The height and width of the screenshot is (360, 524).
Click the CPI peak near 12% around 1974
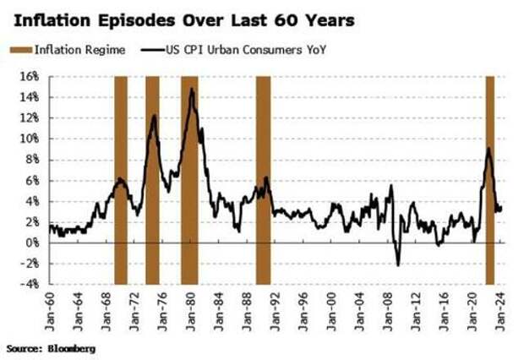(154, 115)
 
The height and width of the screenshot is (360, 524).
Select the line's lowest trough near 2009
(398, 265)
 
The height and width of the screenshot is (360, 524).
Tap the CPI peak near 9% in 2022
(489, 149)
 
